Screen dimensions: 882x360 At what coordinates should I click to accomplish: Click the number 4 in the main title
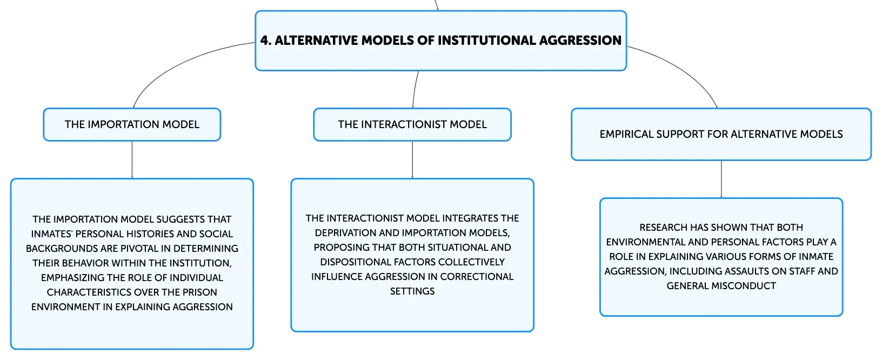click(x=265, y=40)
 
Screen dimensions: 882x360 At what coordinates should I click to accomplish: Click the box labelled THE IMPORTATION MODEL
click(x=132, y=124)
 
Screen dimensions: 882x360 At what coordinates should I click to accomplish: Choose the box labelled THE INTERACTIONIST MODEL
click(x=412, y=124)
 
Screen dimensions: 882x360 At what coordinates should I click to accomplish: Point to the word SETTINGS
click(x=412, y=291)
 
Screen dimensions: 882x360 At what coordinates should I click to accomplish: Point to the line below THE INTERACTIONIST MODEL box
click(x=412, y=159)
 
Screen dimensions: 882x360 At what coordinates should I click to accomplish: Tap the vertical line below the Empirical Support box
click(x=721, y=179)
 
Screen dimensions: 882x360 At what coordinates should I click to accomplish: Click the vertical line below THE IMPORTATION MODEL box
click(x=132, y=159)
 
